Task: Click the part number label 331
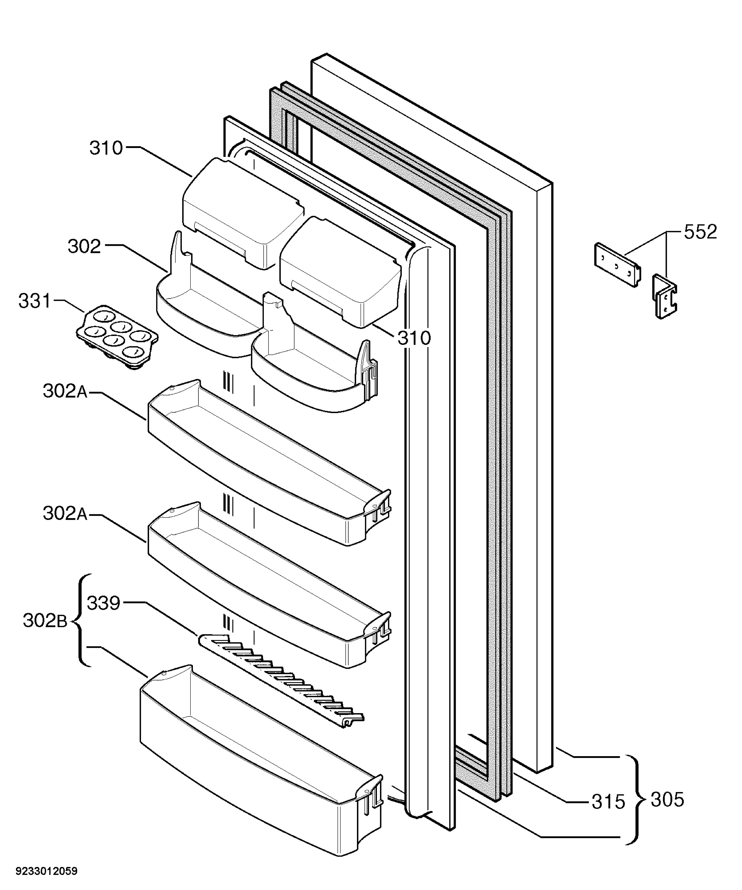[x=35, y=301]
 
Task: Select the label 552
[x=700, y=232]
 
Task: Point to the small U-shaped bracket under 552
[x=664, y=296]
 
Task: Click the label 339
[x=104, y=603]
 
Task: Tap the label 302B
[x=45, y=621]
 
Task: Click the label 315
[x=608, y=801]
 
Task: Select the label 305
[x=667, y=800]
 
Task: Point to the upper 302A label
[x=65, y=391]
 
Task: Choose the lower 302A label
[x=65, y=513]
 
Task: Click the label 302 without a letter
[x=84, y=246]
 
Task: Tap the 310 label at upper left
[x=106, y=148]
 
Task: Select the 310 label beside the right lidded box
[x=414, y=338]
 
